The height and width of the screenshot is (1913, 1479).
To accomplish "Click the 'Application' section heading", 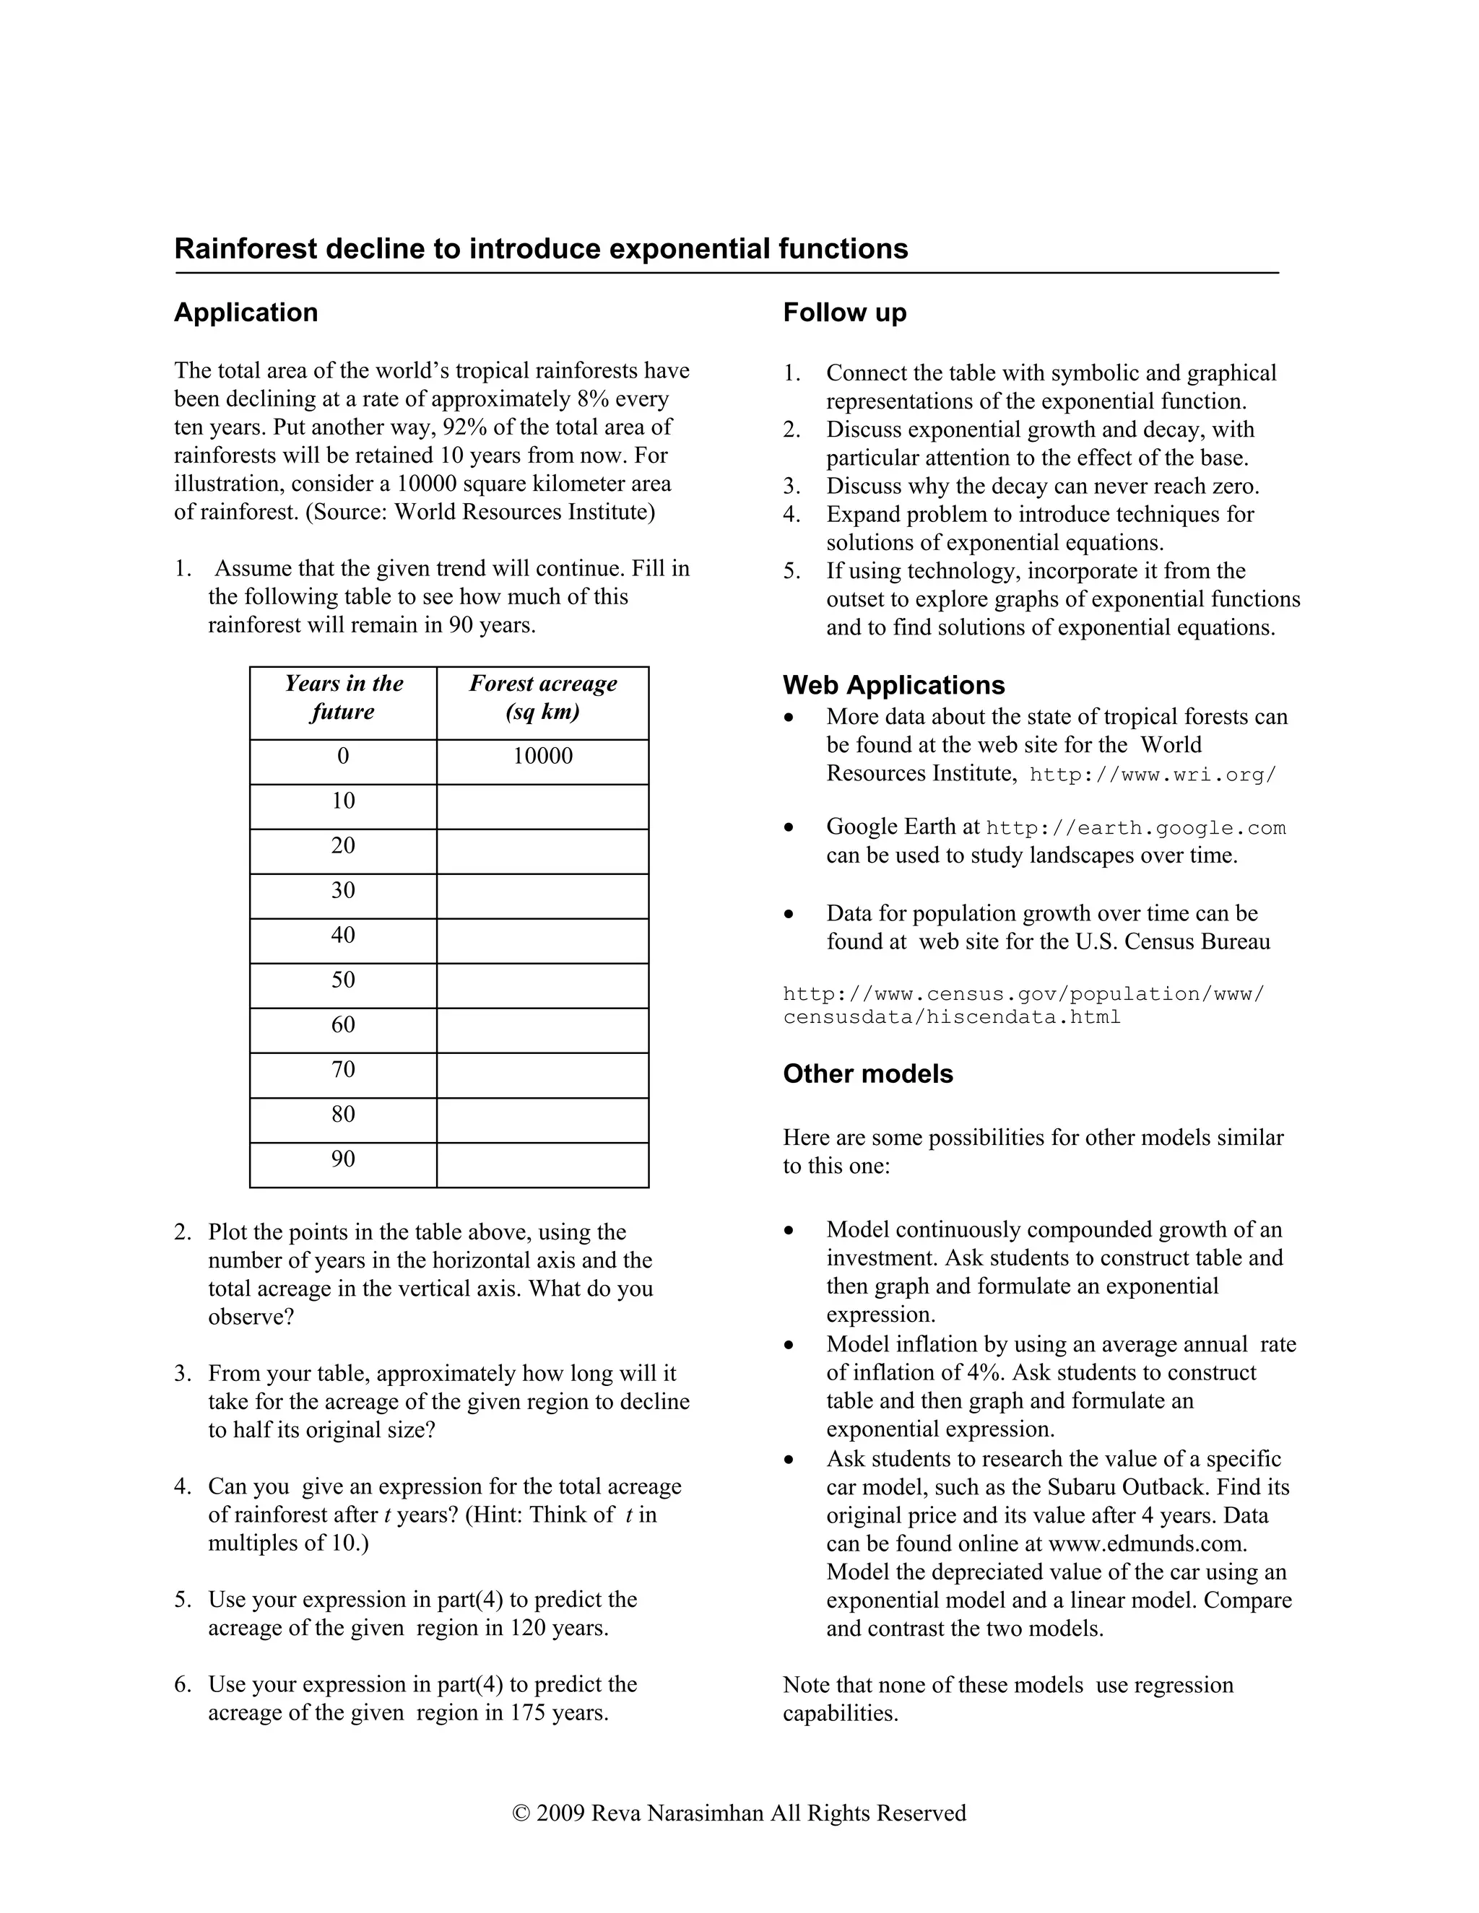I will click(246, 313).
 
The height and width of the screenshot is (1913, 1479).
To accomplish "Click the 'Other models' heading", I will click(867, 1074).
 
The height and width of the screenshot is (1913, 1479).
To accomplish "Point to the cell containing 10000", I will click(542, 756).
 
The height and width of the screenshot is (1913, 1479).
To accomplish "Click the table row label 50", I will click(342, 980).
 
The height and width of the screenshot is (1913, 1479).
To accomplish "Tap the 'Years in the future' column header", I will click(342, 697).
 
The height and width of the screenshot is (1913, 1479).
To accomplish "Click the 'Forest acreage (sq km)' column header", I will click(542, 697).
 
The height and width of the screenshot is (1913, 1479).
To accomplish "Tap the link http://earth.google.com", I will click(1135, 829).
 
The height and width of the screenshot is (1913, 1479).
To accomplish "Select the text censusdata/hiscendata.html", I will click(952, 1017).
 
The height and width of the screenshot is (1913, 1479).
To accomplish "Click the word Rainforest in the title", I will click(246, 249).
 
